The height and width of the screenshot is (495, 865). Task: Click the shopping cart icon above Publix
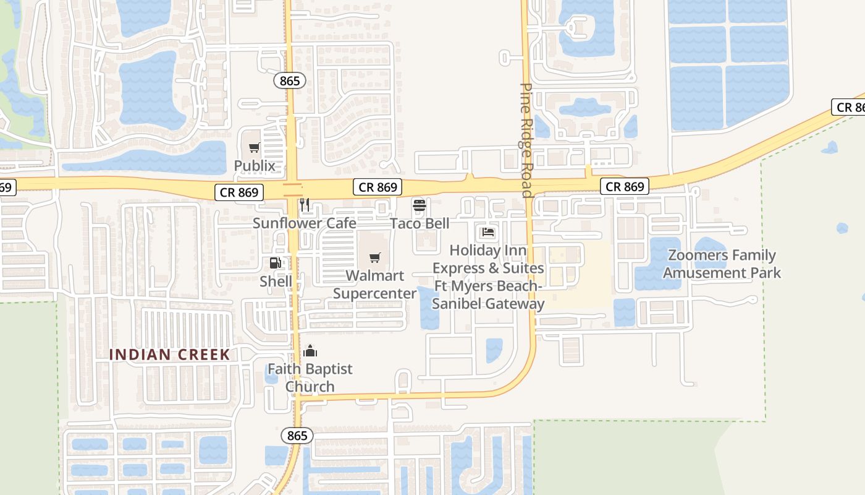coord(254,147)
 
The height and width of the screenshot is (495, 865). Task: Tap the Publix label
coord(254,166)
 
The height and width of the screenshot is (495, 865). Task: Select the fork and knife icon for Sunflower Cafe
coord(304,205)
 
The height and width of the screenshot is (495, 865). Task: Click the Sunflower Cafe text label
coord(304,223)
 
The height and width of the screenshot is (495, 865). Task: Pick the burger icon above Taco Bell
coord(420,205)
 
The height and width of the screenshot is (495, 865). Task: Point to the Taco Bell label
coord(420,223)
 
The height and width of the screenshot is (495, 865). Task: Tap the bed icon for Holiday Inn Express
coord(488,233)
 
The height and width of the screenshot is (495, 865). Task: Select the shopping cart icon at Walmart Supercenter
coord(375,257)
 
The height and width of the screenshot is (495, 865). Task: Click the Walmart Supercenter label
coord(375,284)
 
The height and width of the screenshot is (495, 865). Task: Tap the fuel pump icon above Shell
coord(276,263)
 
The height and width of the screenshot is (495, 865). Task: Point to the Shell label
coord(276,282)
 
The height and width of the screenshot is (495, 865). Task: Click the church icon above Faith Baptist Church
coord(310,351)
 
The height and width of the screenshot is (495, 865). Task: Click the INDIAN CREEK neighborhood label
coord(169,355)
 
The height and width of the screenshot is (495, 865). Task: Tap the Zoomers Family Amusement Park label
coord(722,264)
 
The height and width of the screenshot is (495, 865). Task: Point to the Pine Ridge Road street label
coord(526,140)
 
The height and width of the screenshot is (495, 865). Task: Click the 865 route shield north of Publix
coord(289,80)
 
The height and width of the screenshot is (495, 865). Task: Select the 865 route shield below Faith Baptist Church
coord(297,436)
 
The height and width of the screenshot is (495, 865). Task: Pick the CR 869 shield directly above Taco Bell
coord(378,187)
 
